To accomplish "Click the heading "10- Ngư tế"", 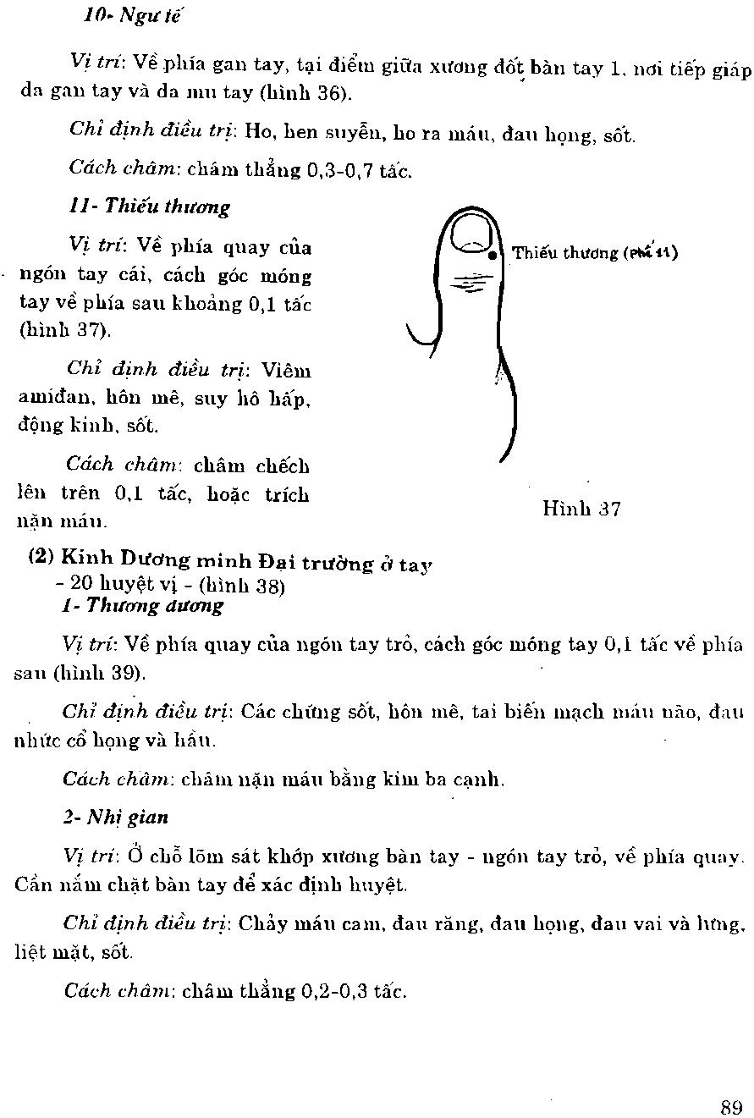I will [x=134, y=15].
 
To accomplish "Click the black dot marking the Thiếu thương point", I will [x=493, y=254].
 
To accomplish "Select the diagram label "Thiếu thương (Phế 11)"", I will [x=594, y=252].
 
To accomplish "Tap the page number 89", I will [x=732, y=1107].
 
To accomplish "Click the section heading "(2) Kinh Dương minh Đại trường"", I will [x=230, y=560].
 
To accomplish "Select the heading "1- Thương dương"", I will [x=143, y=605].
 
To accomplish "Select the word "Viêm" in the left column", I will [x=286, y=370].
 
